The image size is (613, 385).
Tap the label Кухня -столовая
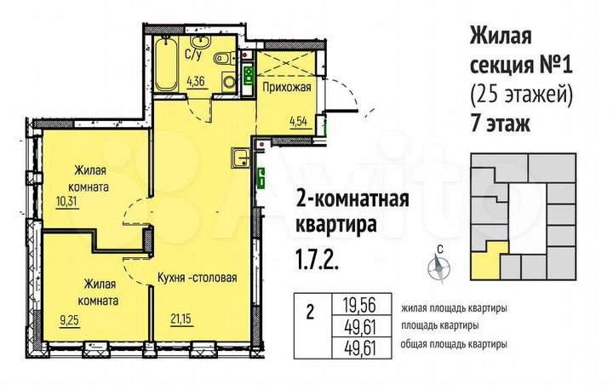click(x=197, y=278)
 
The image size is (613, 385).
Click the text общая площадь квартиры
click(x=452, y=344)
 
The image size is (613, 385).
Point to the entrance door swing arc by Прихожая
click(x=340, y=94)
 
